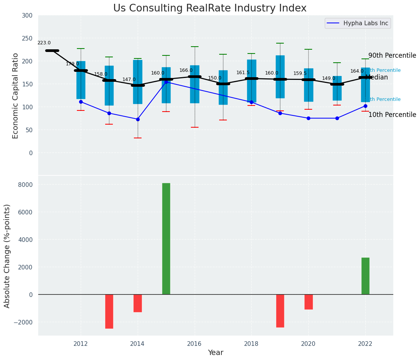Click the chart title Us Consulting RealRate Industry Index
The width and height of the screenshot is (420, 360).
click(210, 8)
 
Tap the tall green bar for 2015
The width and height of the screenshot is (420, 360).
click(166, 238)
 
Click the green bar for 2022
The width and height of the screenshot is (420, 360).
click(365, 276)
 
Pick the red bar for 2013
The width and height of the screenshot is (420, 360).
click(109, 311)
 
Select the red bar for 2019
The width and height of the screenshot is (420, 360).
click(280, 311)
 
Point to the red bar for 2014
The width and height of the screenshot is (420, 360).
click(138, 303)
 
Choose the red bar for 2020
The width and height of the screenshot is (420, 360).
click(309, 302)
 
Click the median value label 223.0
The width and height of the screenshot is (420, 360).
click(44, 43)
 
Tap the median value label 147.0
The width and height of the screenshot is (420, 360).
click(129, 80)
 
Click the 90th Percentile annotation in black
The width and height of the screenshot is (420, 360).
click(392, 56)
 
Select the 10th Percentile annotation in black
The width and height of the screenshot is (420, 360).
click(392, 115)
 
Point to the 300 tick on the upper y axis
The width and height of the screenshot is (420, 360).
click(30, 16)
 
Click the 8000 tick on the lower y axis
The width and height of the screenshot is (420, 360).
click(26, 185)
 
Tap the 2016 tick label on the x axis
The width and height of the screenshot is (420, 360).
click(195, 344)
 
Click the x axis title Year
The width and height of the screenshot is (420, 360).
click(216, 353)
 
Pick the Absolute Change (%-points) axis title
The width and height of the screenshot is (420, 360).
click(7, 256)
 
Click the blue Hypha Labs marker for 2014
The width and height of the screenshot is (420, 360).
click(138, 119)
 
